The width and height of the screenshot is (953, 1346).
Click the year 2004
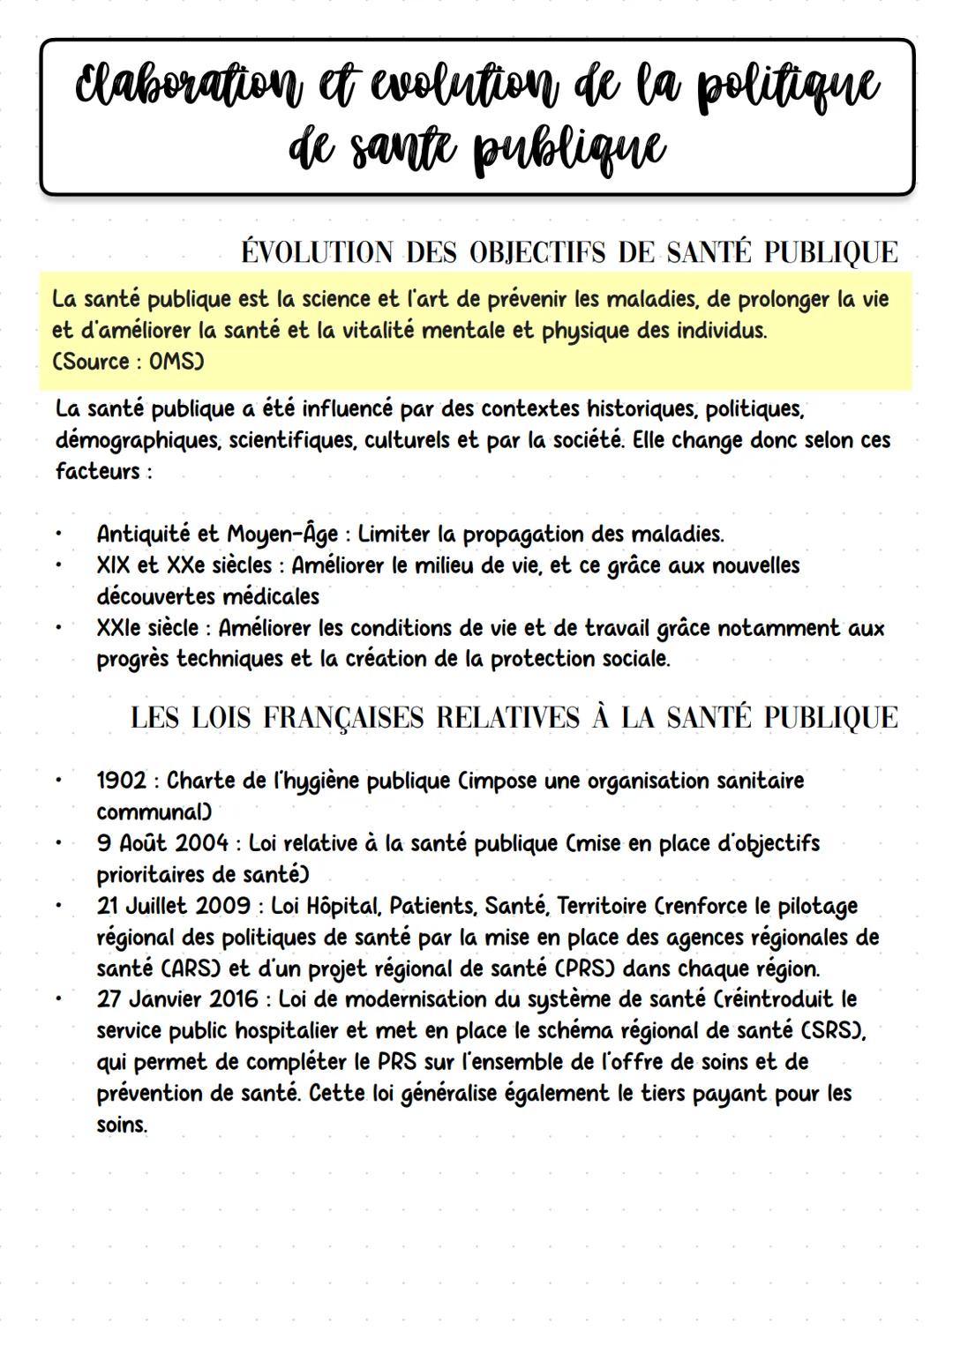tap(202, 843)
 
